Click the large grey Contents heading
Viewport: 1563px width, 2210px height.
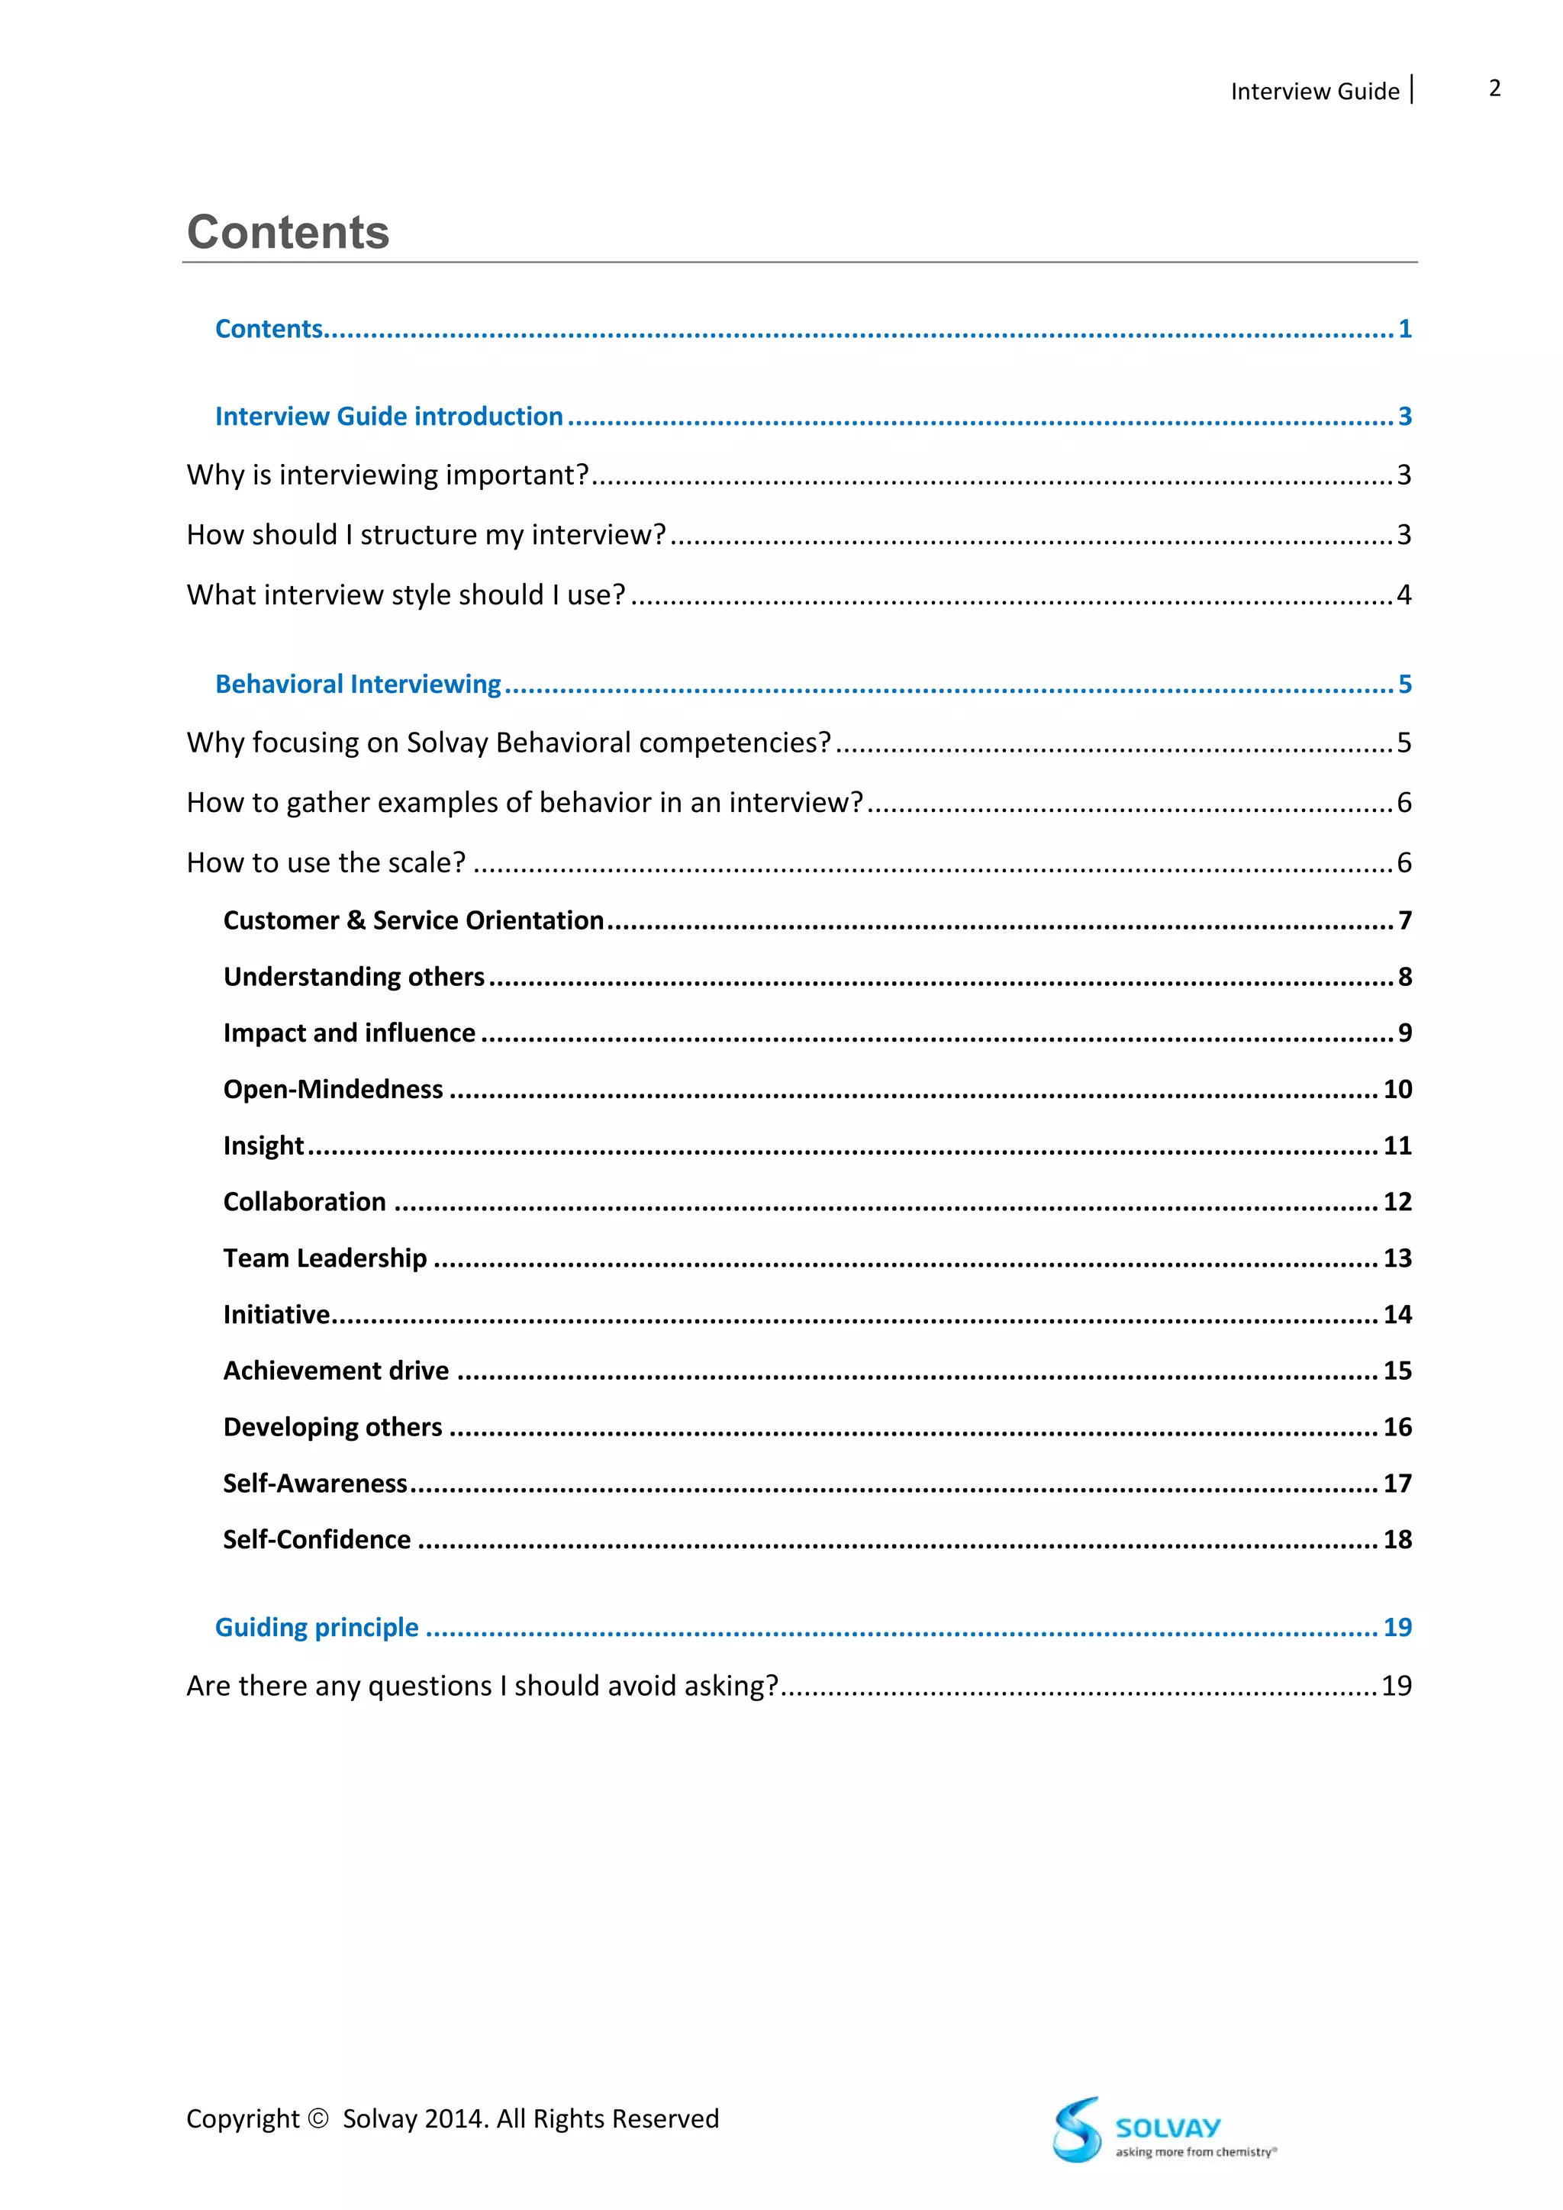point(288,233)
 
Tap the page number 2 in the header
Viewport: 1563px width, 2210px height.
point(1494,89)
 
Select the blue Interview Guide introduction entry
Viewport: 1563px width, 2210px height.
point(388,416)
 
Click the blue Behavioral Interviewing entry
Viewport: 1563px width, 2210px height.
point(358,684)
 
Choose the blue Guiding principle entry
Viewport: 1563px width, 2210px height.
point(317,1627)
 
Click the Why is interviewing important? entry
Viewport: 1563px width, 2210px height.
point(387,475)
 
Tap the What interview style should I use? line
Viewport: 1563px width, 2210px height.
point(405,594)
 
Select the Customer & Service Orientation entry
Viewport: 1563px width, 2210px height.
point(414,920)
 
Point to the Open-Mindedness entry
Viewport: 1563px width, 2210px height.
point(333,1089)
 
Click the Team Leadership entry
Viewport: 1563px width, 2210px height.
point(325,1258)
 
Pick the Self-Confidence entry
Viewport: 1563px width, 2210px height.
point(317,1539)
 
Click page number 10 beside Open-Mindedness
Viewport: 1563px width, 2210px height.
point(1397,1089)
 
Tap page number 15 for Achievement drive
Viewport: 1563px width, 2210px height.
point(1397,1371)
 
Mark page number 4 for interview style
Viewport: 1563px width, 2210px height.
point(1403,594)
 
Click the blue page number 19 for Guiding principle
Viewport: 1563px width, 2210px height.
point(1397,1627)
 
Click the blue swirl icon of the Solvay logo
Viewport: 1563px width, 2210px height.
point(1076,2129)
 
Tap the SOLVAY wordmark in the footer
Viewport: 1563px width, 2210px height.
point(1168,2128)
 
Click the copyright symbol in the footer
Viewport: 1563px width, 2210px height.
point(317,2118)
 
